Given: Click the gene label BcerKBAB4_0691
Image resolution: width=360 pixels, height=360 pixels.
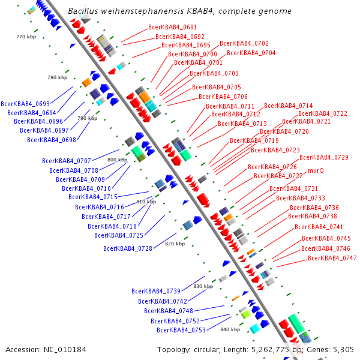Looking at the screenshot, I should (x=172, y=28).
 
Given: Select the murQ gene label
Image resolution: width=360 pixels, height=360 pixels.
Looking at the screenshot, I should (x=316, y=170).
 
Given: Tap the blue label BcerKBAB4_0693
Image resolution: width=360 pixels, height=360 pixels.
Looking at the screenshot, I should (x=25, y=104).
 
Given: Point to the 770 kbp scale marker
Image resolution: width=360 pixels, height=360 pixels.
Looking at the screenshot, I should (x=27, y=37).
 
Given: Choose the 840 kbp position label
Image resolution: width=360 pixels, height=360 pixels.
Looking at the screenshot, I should (x=230, y=329).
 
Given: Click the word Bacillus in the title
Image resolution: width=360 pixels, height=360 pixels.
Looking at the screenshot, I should (x=85, y=11).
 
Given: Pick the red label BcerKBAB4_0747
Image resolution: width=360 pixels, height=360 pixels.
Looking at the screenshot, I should (x=332, y=258).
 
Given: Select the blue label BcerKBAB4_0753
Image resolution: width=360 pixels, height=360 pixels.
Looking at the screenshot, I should (x=181, y=330).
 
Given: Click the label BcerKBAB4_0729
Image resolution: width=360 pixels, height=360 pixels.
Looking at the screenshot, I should (x=323, y=157).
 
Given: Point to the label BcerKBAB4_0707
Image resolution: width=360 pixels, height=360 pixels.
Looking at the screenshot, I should (x=67, y=161).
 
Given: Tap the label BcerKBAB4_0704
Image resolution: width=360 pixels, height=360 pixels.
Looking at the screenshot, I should (x=251, y=53).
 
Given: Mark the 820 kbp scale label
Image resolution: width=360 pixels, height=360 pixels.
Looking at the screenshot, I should (x=175, y=244).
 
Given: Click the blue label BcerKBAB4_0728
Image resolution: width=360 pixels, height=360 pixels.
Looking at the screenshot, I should (x=128, y=248).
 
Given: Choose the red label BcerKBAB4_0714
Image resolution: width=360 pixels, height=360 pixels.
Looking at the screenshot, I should (x=288, y=106).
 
